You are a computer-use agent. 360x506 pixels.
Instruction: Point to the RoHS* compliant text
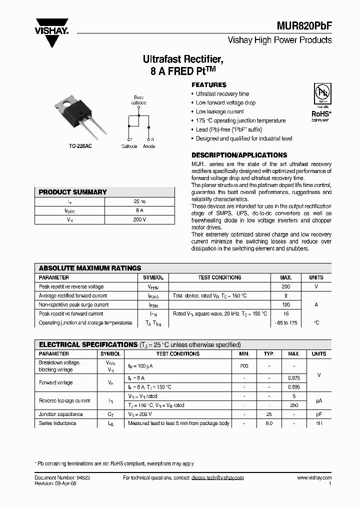click(x=320, y=114)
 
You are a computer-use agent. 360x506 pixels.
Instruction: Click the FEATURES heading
click(x=209, y=85)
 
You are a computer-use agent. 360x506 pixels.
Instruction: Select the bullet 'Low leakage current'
click(x=219, y=111)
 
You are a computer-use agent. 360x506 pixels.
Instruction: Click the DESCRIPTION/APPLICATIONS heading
click(x=239, y=155)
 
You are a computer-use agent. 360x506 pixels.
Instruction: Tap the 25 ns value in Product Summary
click(x=140, y=201)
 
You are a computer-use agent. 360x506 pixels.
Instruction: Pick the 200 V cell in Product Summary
click(x=140, y=219)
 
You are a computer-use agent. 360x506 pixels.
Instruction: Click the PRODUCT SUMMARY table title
click(x=73, y=192)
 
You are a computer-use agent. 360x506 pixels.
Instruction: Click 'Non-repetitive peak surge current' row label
click(x=74, y=304)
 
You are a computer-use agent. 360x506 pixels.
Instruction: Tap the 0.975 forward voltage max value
click(x=293, y=378)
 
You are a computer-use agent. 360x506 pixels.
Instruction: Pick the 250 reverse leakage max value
click(x=293, y=405)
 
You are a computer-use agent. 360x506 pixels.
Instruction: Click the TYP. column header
click(x=269, y=353)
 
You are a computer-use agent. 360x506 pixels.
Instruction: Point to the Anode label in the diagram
click(x=149, y=146)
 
